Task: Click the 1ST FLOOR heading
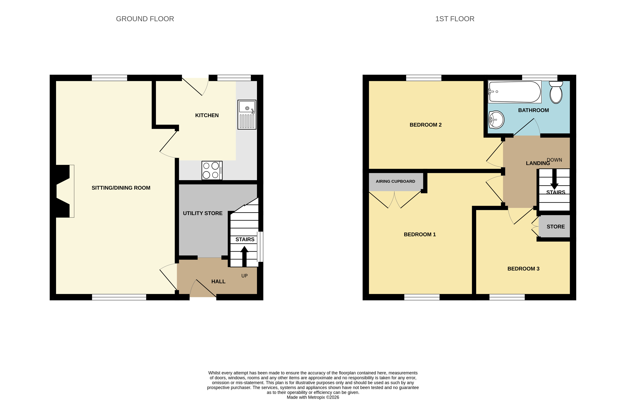[455, 19]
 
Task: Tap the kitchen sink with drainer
[247, 115]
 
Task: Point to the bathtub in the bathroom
[514, 92]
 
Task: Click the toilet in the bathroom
[556, 92]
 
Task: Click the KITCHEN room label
[207, 115]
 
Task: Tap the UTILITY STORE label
[203, 213]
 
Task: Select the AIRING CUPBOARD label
[395, 181]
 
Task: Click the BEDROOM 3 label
[523, 269]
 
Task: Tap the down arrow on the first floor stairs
[554, 179]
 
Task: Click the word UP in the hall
[244, 276]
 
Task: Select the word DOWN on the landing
[554, 160]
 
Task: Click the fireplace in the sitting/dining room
[64, 191]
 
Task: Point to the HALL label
[218, 282]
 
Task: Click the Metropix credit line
[313, 397]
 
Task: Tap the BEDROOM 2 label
[426, 125]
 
